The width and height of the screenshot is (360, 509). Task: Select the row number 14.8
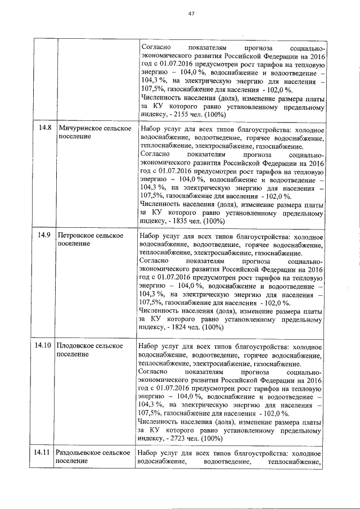click(44, 128)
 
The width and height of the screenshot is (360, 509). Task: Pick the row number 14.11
click(43, 452)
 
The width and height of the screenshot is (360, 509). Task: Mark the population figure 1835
click(177, 221)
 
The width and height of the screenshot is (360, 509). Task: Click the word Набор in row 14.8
click(150, 128)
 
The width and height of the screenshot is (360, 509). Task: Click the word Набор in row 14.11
click(150, 452)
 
